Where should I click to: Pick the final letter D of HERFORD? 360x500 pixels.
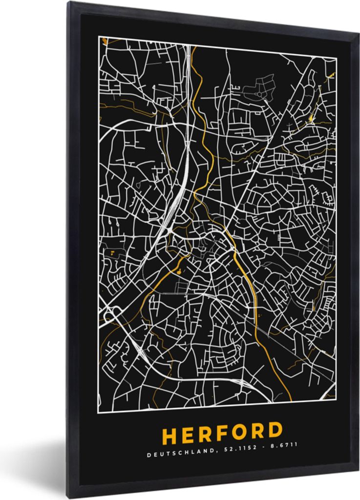[x=275, y=431]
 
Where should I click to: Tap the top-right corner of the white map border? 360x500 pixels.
[x=337, y=58]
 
